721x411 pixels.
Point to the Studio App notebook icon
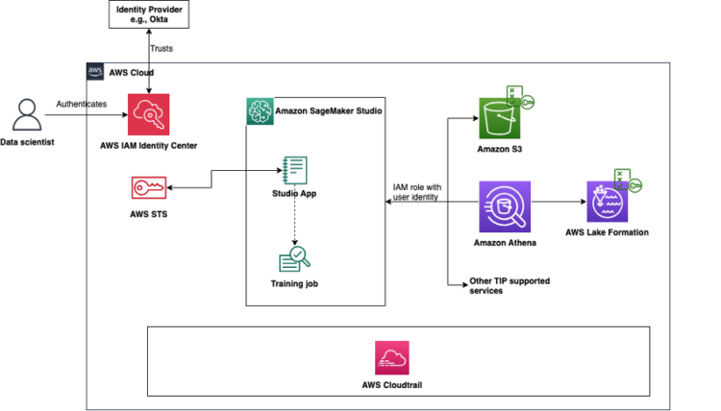[294, 170]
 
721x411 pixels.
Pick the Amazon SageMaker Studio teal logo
[260, 110]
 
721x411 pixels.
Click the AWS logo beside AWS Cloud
[95, 72]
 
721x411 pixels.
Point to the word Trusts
[162, 48]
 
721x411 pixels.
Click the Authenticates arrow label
[82, 103]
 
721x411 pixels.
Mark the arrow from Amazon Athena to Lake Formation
[557, 203]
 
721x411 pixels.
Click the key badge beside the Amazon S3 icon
[527, 102]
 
